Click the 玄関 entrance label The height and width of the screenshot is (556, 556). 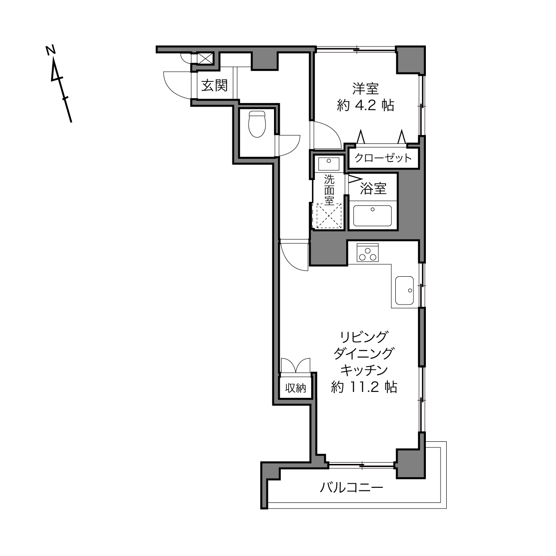point(214,85)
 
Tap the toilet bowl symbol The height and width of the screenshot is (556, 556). point(257,124)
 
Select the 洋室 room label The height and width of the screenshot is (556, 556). point(365,89)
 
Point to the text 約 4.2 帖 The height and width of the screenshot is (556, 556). point(365,106)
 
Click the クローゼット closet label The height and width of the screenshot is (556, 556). point(383,158)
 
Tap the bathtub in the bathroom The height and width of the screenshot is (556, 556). point(372,216)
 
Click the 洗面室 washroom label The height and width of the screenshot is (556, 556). point(329,190)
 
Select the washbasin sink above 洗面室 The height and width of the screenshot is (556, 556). point(328,164)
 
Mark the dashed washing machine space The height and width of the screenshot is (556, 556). point(329,216)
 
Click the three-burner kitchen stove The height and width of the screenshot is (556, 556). point(367,252)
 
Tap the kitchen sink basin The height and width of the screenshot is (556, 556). point(405,290)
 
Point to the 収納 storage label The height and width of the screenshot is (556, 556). point(295,388)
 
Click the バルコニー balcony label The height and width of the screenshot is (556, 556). point(351,488)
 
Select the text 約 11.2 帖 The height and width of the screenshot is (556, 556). point(364,387)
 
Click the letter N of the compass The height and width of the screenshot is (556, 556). point(51,50)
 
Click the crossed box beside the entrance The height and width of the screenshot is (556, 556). point(205,58)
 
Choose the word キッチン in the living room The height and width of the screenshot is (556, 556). point(364,370)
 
